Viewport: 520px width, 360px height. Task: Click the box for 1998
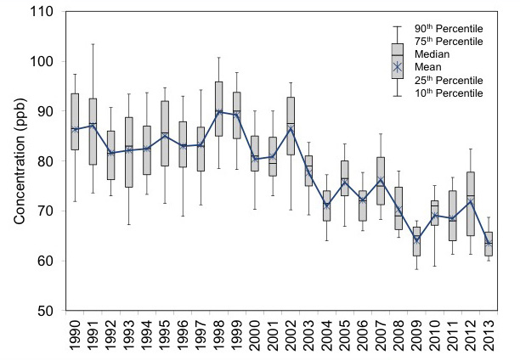(x=219, y=109)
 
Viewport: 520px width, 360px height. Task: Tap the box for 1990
(x=75, y=121)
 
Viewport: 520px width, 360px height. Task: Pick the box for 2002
(x=291, y=126)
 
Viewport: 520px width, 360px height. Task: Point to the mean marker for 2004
(x=326, y=206)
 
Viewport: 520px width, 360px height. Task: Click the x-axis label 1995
(x=165, y=337)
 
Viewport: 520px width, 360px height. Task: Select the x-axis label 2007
(x=381, y=337)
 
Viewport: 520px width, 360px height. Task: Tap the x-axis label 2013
(x=489, y=337)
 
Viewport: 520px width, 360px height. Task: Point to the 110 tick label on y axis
(x=41, y=12)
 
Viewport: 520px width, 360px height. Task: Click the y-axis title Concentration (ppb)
(x=18, y=161)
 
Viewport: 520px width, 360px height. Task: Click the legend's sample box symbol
(x=396, y=60)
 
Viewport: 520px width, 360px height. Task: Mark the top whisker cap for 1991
(x=93, y=43)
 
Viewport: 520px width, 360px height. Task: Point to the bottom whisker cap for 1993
(x=129, y=224)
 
